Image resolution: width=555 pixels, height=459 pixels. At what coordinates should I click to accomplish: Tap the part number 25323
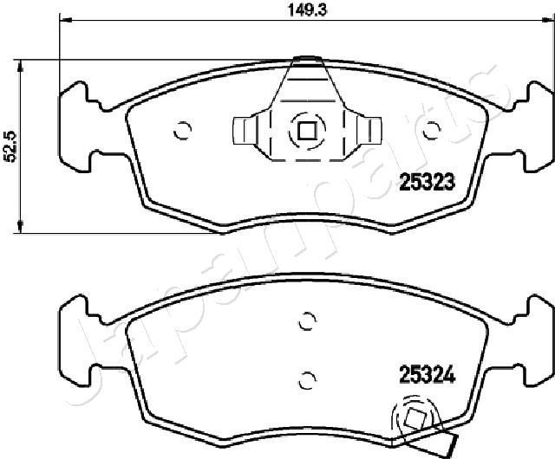pyautogui.click(x=427, y=181)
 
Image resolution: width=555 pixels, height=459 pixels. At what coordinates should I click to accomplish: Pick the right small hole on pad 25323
pyautogui.click(x=430, y=131)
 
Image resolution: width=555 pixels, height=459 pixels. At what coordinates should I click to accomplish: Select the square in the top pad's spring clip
pyautogui.click(x=306, y=132)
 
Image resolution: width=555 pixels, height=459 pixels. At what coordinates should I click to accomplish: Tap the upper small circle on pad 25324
pyautogui.click(x=304, y=321)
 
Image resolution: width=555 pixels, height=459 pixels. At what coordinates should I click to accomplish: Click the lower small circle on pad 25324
pyautogui.click(x=304, y=378)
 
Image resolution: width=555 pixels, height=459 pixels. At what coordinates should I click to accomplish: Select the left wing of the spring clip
pyautogui.click(x=247, y=131)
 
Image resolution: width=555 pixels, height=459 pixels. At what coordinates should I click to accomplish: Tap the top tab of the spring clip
pyautogui.click(x=305, y=61)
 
